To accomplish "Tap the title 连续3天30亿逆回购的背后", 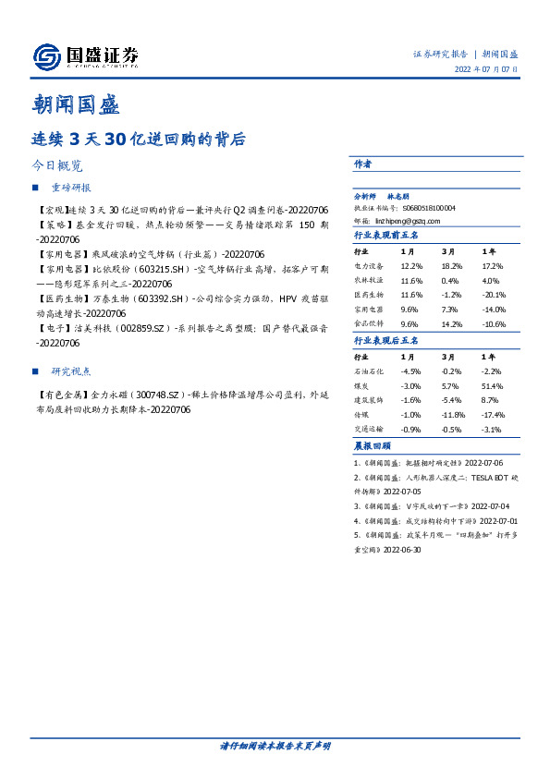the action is click(x=138, y=140).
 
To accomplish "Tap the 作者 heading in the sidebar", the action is click(x=362, y=164).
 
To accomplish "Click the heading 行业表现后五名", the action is click(x=386, y=341).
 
